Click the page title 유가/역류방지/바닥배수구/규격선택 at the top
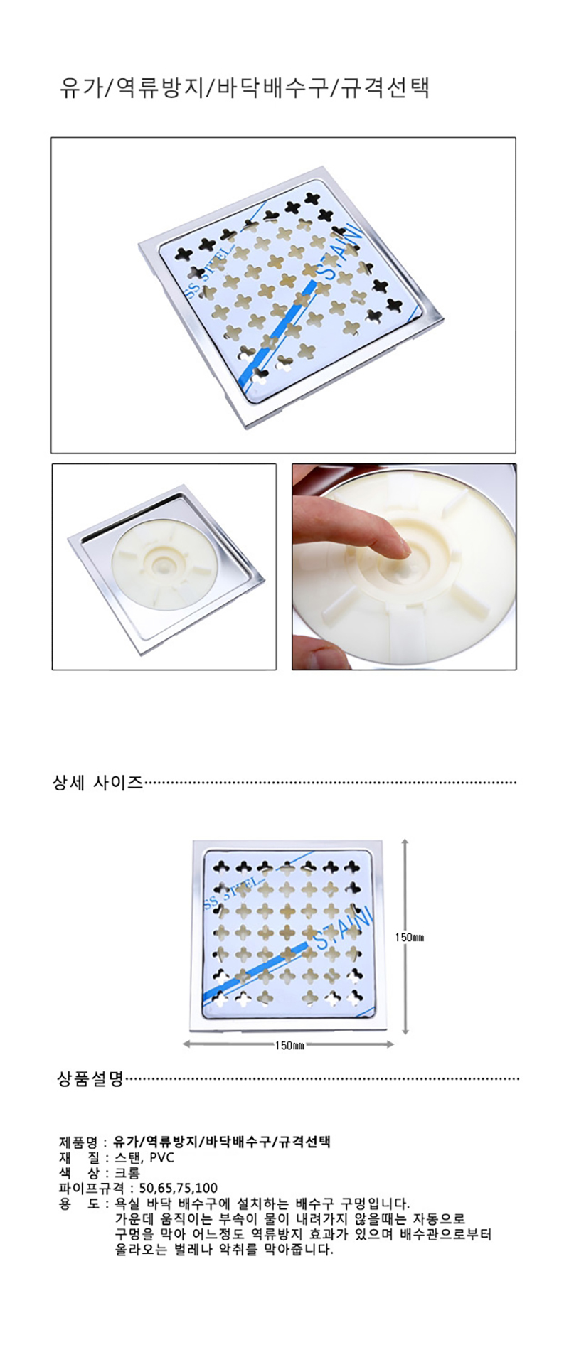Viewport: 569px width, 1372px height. pos(245,88)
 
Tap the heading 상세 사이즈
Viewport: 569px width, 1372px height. pos(98,783)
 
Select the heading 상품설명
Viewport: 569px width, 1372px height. pos(90,1078)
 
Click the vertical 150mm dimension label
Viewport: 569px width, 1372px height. pos(410,937)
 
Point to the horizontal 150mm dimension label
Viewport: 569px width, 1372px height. pos(289,1045)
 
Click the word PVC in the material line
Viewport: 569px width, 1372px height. pos(162,1157)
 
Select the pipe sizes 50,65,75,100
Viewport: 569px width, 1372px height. pos(179,1188)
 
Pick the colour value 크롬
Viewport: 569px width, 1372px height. pos(127,1172)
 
